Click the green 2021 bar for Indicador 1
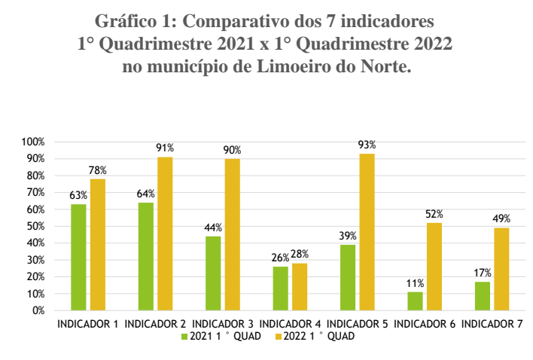[x=78, y=257]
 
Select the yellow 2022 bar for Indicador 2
[x=165, y=233]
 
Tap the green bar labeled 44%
[x=213, y=273]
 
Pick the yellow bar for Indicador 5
[x=367, y=232]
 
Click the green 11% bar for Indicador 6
[x=415, y=301]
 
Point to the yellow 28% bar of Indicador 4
[x=300, y=286]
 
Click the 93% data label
[x=367, y=145]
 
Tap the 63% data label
[x=78, y=196]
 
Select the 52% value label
[x=434, y=214]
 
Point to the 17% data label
[x=483, y=273]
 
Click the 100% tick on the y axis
[x=34, y=142]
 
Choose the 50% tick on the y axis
[x=36, y=226]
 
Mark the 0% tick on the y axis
[x=38, y=310]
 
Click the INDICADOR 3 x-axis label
[x=223, y=325]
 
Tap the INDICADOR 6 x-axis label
[x=425, y=325]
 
